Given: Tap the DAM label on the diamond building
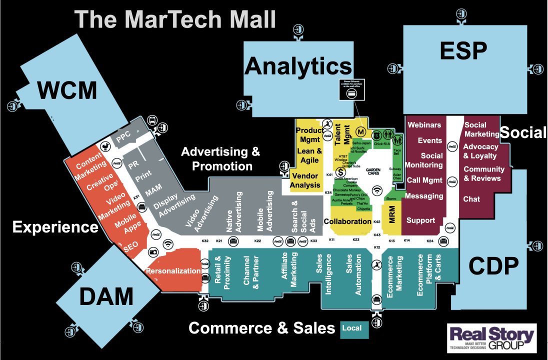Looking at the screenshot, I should (106, 297).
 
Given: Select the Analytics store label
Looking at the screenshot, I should (298, 66).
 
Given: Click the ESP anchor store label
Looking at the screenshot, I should (463, 50).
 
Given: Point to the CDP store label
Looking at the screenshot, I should (494, 266).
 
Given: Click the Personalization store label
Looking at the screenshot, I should (173, 270).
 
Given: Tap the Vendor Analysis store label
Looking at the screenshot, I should (305, 180).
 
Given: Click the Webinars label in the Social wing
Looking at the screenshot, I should (424, 124).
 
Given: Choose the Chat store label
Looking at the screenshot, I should (471, 199).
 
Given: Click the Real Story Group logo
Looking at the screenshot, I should (491, 338).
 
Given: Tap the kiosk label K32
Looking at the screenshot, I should (205, 241).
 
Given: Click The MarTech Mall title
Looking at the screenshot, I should (175, 20).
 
